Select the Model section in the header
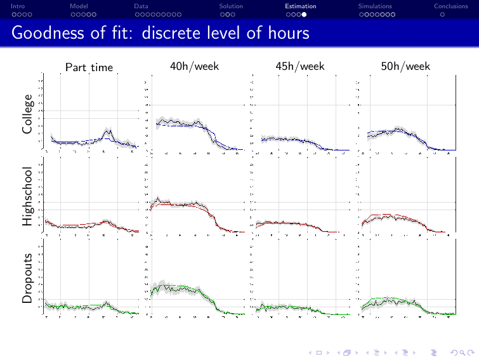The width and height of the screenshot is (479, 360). [x=79, y=6]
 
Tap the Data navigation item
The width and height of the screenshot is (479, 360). [x=141, y=6]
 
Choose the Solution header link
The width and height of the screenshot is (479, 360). [x=231, y=6]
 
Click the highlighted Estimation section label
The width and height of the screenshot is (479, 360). [x=300, y=6]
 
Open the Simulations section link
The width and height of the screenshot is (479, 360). [x=375, y=6]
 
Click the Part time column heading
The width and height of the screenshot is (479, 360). [x=89, y=67]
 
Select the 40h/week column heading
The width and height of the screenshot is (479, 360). [x=194, y=66]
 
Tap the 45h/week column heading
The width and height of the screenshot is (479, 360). [x=300, y=66]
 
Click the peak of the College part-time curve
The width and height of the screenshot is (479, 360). [x=109, y=130]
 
